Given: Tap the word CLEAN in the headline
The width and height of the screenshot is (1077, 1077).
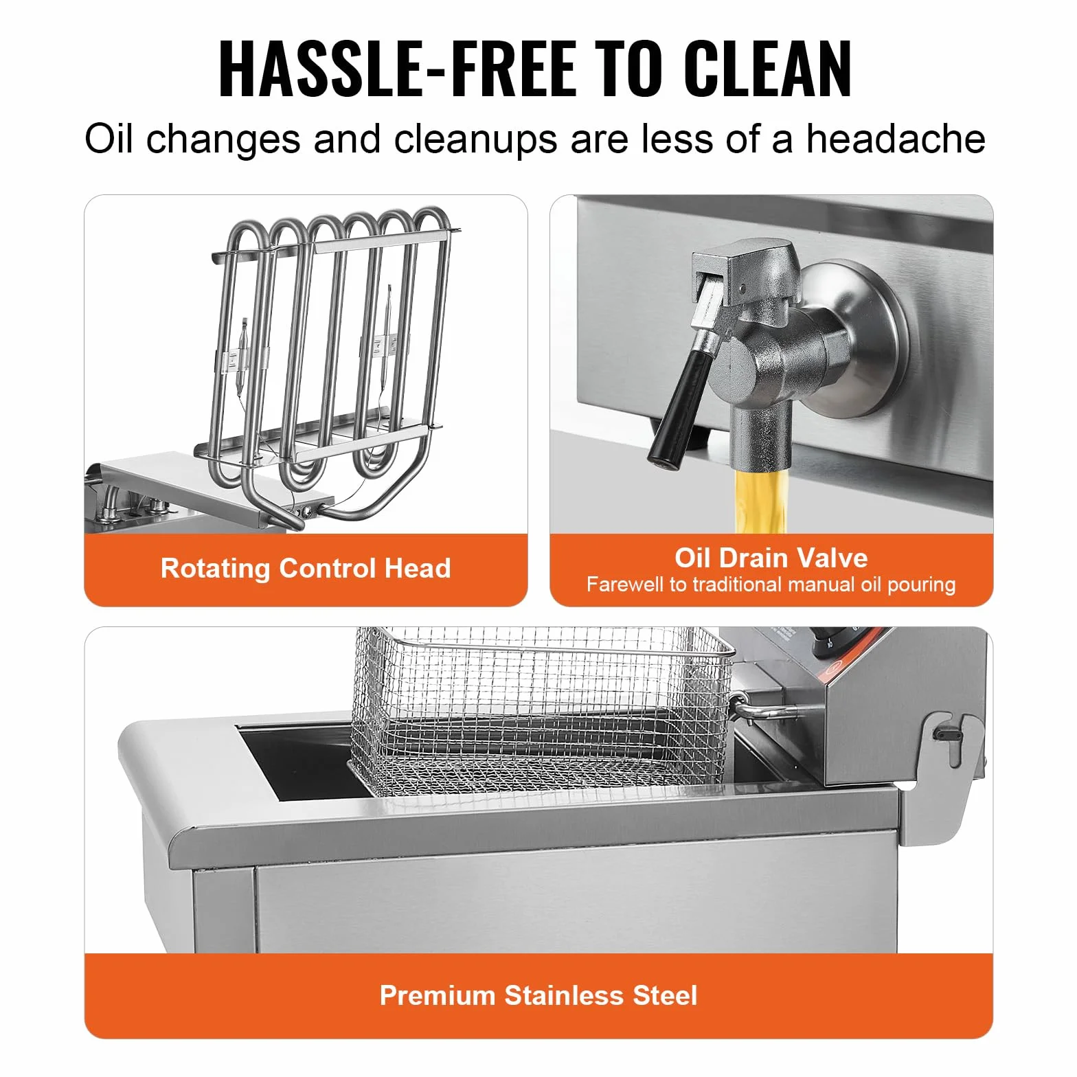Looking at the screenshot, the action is coord(769,69).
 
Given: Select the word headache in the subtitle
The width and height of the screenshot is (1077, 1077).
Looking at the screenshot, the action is coord(896,139).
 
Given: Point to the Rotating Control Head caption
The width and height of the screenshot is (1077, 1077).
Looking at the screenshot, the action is coord(306,568).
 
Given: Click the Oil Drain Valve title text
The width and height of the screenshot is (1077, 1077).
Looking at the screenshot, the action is coord(771,558).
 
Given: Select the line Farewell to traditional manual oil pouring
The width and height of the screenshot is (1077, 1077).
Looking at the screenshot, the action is coord(771,585).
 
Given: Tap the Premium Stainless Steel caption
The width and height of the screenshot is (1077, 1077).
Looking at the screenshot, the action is coord(538,995).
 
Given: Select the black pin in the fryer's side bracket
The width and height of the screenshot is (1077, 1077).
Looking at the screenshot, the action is coord(944,734).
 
